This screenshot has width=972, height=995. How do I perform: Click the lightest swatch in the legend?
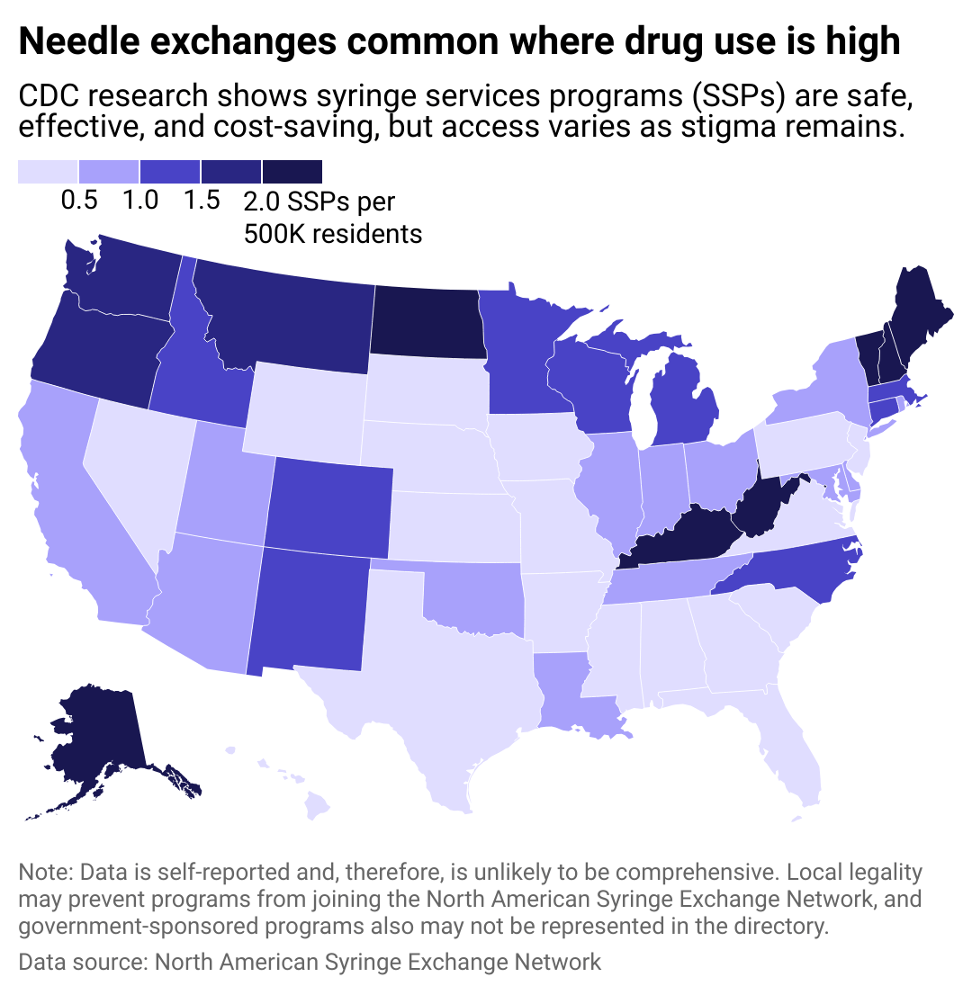point(48,172)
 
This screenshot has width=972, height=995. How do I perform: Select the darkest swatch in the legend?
point(292,172)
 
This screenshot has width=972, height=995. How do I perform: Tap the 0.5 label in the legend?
point(79,201)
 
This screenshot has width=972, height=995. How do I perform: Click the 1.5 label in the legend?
point(202,201)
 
